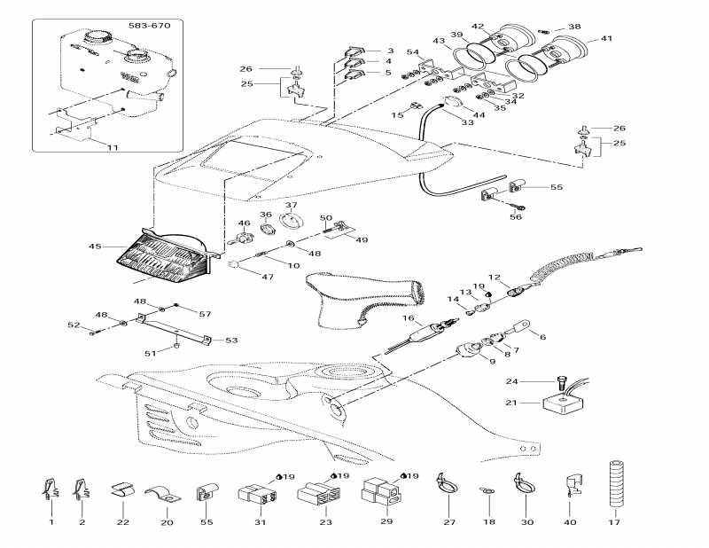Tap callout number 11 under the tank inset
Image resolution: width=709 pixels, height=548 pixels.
[113, 147]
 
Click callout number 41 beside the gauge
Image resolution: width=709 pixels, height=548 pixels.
[606, 39]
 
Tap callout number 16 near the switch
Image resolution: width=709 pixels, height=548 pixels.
[409, 317]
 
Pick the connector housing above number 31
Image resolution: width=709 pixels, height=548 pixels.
[251, 495]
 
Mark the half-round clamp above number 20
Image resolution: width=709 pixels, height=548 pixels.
[162, 495]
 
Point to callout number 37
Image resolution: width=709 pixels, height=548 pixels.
[291, 205]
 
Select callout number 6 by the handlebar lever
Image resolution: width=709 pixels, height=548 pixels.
[542, 337]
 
